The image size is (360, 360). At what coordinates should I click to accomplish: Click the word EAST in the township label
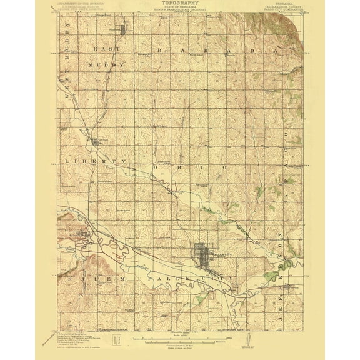tap(102, 47)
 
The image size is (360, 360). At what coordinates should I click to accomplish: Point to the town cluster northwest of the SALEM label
tap(85, 234)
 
